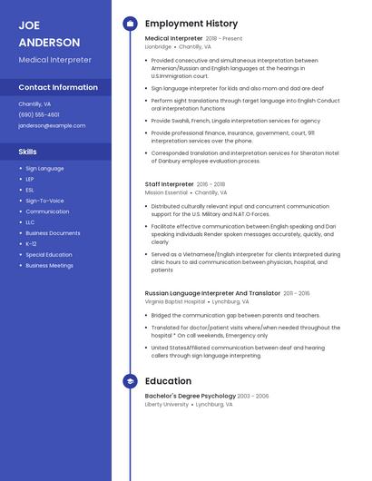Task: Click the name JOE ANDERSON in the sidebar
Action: click(49, 34)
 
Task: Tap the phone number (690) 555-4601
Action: click(39, 114)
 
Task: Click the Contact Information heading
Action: click(58, 87)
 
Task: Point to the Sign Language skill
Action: click(44, 168)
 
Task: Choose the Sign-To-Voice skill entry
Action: click(44, 201)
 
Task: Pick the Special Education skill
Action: click(49, 255)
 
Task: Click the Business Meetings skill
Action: click(49, 266)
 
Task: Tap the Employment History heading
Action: click(191, 24)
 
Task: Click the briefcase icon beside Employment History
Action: click(129, 24)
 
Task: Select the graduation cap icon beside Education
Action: click(129, 381)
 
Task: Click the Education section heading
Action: click(168, 381)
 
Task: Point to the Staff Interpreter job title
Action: click(170, 184)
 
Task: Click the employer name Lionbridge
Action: click(158, 46)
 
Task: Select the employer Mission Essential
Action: click(166, 192)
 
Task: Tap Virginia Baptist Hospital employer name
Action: click(175, 301)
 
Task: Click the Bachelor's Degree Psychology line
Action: click(190, 396)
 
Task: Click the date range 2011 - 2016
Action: click(297, 293)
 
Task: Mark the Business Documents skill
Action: click(53, 233)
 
